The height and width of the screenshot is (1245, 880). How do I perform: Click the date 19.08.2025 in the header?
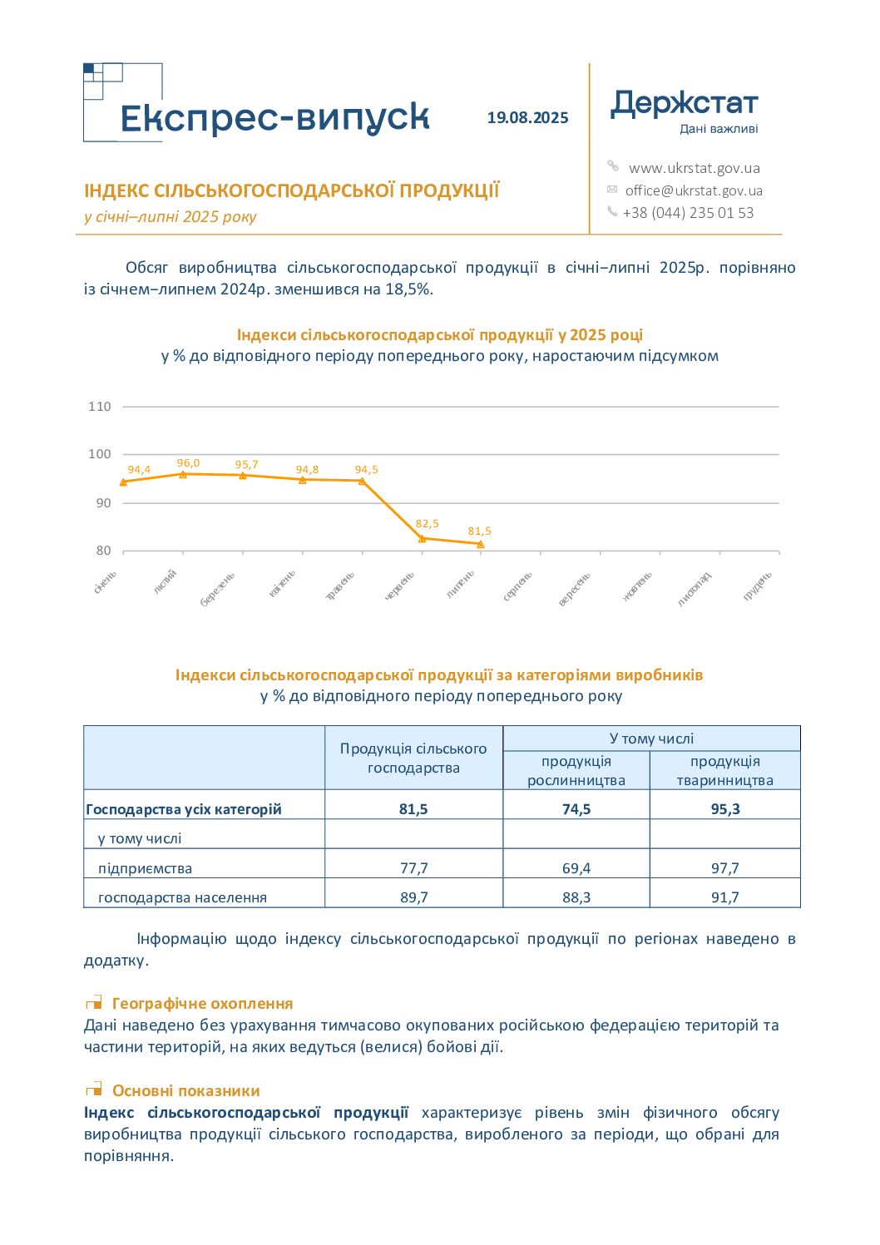(x=527, y=118)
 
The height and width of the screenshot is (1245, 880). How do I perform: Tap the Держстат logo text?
(x=684, y=103)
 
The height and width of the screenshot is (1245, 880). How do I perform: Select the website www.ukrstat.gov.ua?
(x=694, y=168)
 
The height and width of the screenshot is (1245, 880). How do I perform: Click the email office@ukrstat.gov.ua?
(x=694, y=190)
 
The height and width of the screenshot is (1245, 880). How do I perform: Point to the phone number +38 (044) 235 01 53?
(x=688, y=213)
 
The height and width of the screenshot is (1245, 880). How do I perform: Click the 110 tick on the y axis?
(x=100, y=407)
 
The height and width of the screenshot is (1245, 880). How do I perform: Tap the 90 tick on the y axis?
(x=103, y=503)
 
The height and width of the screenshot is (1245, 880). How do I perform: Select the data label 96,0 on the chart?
(x=189, y=463)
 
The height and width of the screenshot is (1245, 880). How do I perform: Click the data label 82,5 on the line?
(x=427, y=524)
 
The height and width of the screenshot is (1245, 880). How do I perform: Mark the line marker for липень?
(x=481, y=545)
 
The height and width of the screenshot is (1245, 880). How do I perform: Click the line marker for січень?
(x=123, y=482)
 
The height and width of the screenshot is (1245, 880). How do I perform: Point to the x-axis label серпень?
(x=517, y=585)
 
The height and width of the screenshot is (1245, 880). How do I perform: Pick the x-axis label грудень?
(x=758, y=585)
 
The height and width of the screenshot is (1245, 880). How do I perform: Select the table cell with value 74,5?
(x=576, y=809)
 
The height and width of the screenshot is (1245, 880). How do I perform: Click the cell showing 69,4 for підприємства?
(x=576, y=868)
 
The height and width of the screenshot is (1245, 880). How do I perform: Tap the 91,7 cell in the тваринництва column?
(x=725, y=897)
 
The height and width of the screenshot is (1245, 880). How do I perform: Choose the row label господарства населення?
(x=182, y=897)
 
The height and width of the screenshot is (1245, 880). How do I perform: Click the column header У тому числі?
(x=651, y=739)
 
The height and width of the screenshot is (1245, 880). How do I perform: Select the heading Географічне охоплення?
(x=202, y=1003)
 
